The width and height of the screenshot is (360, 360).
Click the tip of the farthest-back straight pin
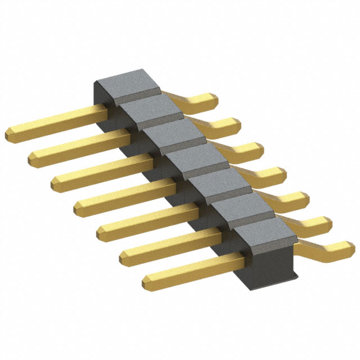[x=10, y=134]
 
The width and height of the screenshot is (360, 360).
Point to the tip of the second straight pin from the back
[x=33, y=158]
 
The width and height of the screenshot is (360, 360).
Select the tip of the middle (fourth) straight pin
[x=79, y=206]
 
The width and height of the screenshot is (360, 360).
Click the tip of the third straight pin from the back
[x=56, y=182]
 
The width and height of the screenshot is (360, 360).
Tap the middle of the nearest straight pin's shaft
[x=197, y=267]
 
